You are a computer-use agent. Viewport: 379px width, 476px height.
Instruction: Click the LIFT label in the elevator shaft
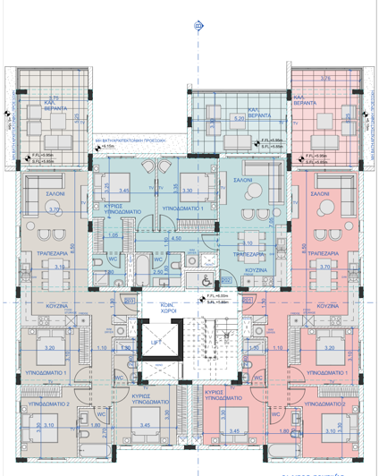(156, 340)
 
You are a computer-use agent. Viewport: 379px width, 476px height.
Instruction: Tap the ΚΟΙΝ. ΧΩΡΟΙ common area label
(164, 306)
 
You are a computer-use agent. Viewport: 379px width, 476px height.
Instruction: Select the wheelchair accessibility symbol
(208, 261)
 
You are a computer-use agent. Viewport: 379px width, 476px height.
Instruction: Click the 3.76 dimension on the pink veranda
(325, 79)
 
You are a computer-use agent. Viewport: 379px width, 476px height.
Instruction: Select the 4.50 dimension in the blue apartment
(177, 239)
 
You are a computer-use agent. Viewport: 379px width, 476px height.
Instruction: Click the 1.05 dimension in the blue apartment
(114, 234)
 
